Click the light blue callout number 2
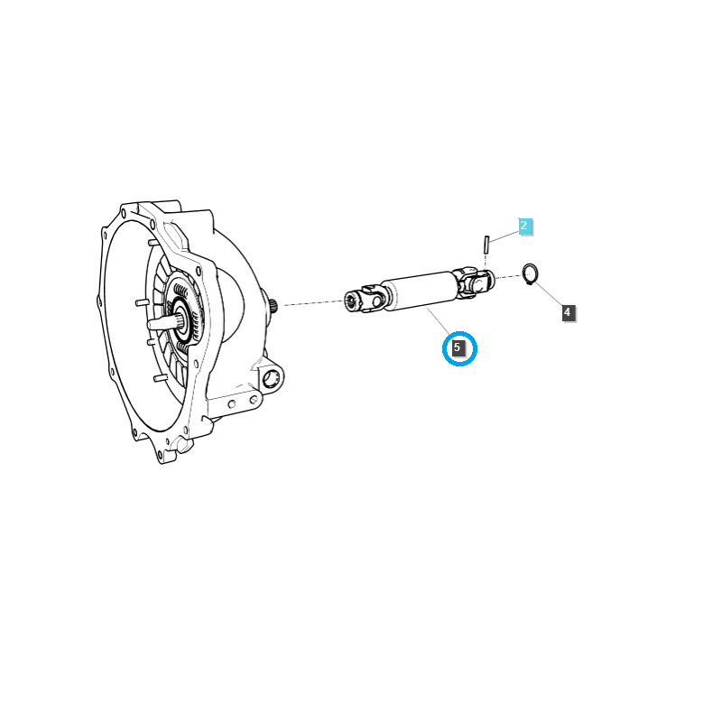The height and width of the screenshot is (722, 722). click(x=525, y=227)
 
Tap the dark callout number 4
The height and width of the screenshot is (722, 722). click(x=569, y=312)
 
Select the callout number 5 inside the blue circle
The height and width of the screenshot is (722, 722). click(x=458, y=348)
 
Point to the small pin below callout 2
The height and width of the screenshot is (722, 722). click(x=486, y=245)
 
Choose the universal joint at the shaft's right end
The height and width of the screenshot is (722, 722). click(x=473, y=281)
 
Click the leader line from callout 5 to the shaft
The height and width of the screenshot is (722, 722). click(x=439, y=321)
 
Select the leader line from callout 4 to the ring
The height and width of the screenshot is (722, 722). click(x=549, y=294)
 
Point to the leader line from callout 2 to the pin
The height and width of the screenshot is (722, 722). click(x=504, y=236)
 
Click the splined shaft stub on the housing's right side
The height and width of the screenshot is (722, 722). click(x=274, y=306)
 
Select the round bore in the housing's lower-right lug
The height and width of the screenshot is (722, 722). click(x=271, y=379)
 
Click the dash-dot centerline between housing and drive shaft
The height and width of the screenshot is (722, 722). click(x=314, y=302)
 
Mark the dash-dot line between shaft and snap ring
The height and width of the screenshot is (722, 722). click(x=509, y=276)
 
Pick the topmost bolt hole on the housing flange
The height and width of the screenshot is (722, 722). click(x=124, y=213)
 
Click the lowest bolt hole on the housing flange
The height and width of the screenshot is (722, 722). click(x=160, y=456)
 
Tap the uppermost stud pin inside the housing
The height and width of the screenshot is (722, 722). click(x=153, y=243)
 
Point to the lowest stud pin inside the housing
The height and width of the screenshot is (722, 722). click(x=161, y=378)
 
